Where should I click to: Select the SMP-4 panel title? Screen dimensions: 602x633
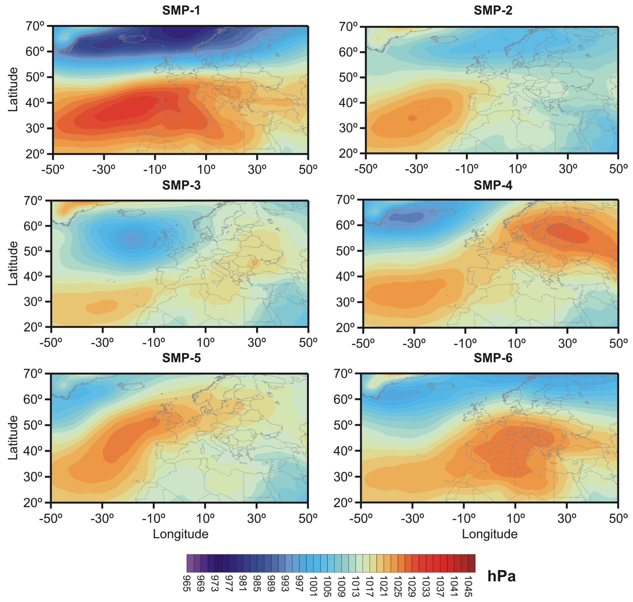(x=493, y=185)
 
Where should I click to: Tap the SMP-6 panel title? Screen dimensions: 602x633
(x=493, y=358)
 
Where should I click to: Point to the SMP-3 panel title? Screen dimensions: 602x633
(x=181, y=185)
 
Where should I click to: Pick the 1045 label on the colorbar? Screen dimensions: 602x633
(x=468, y=586)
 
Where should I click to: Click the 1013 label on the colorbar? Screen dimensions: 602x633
(x=355, y=586)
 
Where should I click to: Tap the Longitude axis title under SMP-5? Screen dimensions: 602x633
(x=180, y=534)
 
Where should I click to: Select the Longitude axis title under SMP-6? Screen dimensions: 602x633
(x=489, y=534)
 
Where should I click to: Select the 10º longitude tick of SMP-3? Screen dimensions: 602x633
(x=205, y=343)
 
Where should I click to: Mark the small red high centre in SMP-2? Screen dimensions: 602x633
(x=412, y=118)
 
